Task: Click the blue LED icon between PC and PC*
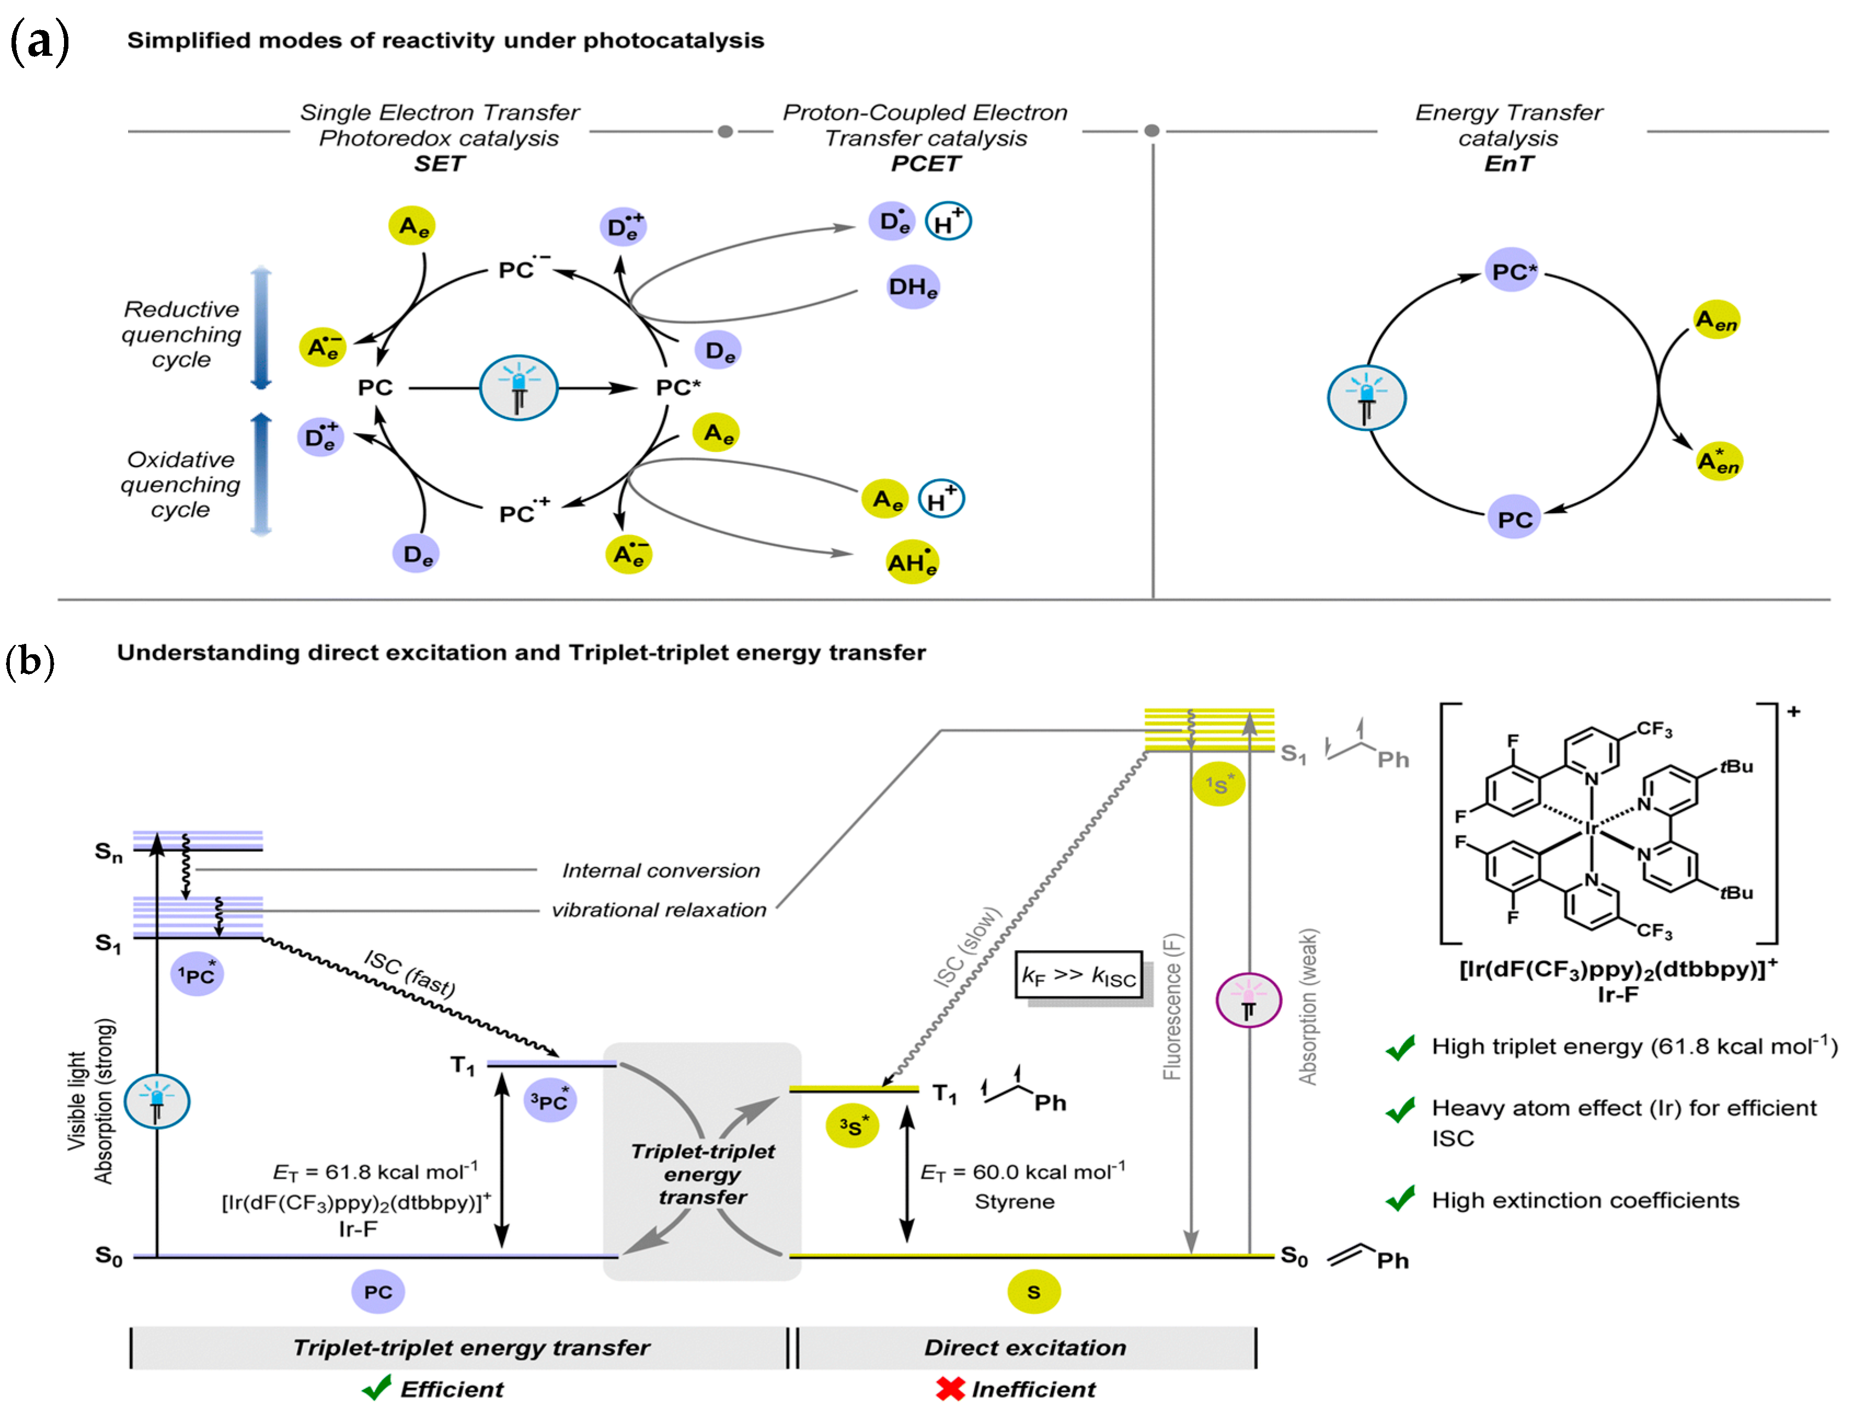[518, 388]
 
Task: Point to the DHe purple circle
[913, 288]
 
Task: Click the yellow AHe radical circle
[912, 562]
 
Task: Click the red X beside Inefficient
[950, 1389]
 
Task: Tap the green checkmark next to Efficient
[378, 1388]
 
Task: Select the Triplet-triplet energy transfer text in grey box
[703, 1173]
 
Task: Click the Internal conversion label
[661, 870]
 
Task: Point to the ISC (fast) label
[410, 973]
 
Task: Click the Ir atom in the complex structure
[1591, 828]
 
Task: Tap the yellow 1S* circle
[1217, 784]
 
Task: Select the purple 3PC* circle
[549, 1101]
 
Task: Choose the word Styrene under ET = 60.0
[1014, 1202]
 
